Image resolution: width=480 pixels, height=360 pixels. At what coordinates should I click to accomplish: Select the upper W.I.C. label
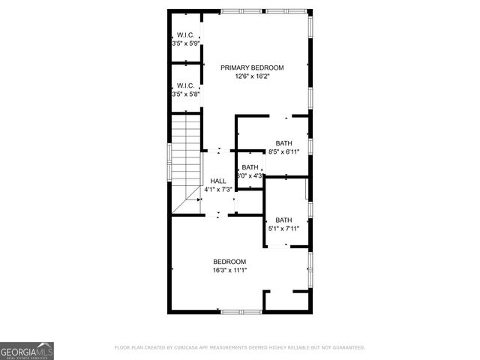(185, 34)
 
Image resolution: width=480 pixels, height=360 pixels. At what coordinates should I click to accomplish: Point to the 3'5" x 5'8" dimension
(185, 94)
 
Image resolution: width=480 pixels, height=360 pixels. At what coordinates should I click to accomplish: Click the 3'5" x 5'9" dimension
(185, 43)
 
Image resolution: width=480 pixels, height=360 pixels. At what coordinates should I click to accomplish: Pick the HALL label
(218, 181)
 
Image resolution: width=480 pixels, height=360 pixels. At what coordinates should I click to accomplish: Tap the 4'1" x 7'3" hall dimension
(218, 190)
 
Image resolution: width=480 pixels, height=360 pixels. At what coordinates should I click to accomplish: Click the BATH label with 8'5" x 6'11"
(283, 143)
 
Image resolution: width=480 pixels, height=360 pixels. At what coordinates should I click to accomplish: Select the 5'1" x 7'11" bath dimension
(283, 229)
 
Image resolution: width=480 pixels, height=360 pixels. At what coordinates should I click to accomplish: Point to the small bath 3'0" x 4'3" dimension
(250, 176)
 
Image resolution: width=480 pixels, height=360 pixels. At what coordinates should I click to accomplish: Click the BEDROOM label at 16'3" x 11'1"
(229, 262)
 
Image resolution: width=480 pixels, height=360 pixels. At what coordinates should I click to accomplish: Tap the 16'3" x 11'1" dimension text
(229, 271)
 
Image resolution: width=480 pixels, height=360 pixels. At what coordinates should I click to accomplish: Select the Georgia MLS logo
(26, 350)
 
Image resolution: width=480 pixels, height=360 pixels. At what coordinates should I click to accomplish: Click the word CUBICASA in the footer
(197, 348)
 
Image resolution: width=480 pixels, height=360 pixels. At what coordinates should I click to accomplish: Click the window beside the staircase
(169, 162)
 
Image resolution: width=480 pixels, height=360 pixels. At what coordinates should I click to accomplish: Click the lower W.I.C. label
(185, 85)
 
